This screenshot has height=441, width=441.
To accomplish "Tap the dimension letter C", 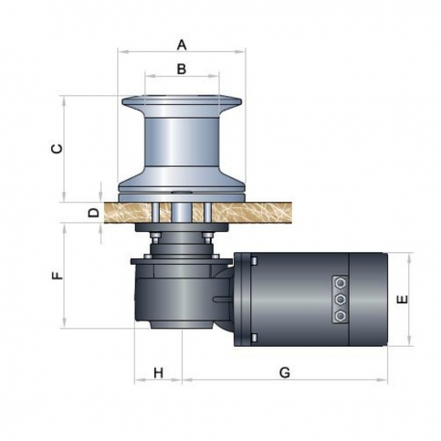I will point(56,148).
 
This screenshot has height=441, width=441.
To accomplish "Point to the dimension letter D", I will point(92,212).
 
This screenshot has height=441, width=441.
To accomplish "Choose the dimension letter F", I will point(57,276).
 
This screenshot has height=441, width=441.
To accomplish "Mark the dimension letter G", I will point(284,372).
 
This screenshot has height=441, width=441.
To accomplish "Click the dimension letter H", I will point(157,372).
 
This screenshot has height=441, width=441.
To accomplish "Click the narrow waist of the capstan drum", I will point(182,144).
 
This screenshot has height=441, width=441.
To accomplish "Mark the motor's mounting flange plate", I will point(248,299).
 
